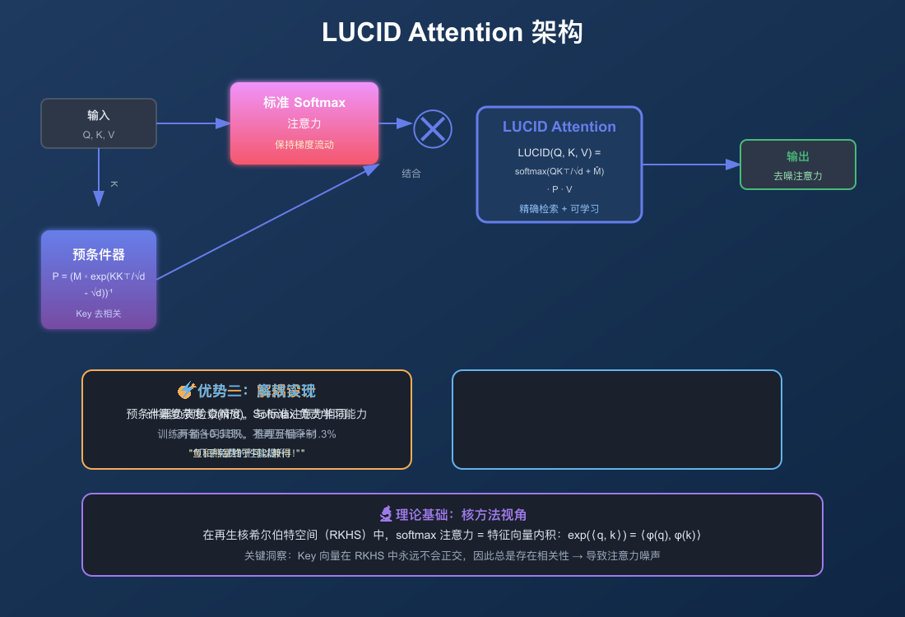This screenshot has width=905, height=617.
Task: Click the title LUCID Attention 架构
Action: pyautogui.click(x=452, y=33)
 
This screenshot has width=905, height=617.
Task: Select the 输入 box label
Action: pyautogui.click(x=99, y=115)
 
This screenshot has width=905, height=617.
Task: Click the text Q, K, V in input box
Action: pyautogui.click(x=99, y=134)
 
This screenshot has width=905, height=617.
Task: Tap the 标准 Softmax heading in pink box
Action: pyautogui.click(x=304, y=103)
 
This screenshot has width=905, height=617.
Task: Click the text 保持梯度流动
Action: pyautogui.click(x=304, y=144)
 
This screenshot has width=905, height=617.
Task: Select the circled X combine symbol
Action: pyautogui.click(x=433, y=129)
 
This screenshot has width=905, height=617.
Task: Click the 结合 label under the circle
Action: pyautogui.click(x=411, y=174)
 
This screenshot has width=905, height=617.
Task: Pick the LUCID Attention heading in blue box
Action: pyautogui.click(x=559, y=127)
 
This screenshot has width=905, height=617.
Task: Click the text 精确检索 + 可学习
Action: pyautogui.click(x=559, y=209)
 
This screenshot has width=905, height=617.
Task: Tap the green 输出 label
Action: pyautogui.click(x=798, y=156)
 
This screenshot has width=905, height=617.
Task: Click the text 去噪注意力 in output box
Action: pyautogui.click(x=798, y=176)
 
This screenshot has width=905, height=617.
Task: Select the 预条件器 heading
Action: pyautogui.click(x=99, y=254)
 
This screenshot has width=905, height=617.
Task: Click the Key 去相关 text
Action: pyautogui.click(x=99, y=313)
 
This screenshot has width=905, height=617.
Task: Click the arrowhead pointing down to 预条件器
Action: pyautogui.click(x=99, y=199)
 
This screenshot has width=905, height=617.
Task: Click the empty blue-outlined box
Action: pyautogui.click(x=617, y=420)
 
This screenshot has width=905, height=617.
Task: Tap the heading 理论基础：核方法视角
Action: pyautogui.click(x=460, y=515)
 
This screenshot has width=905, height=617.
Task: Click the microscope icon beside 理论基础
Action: pyautogui.click(x=386, y=515)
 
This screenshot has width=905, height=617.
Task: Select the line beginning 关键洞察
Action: pyautogui.click(x=452, y=555)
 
